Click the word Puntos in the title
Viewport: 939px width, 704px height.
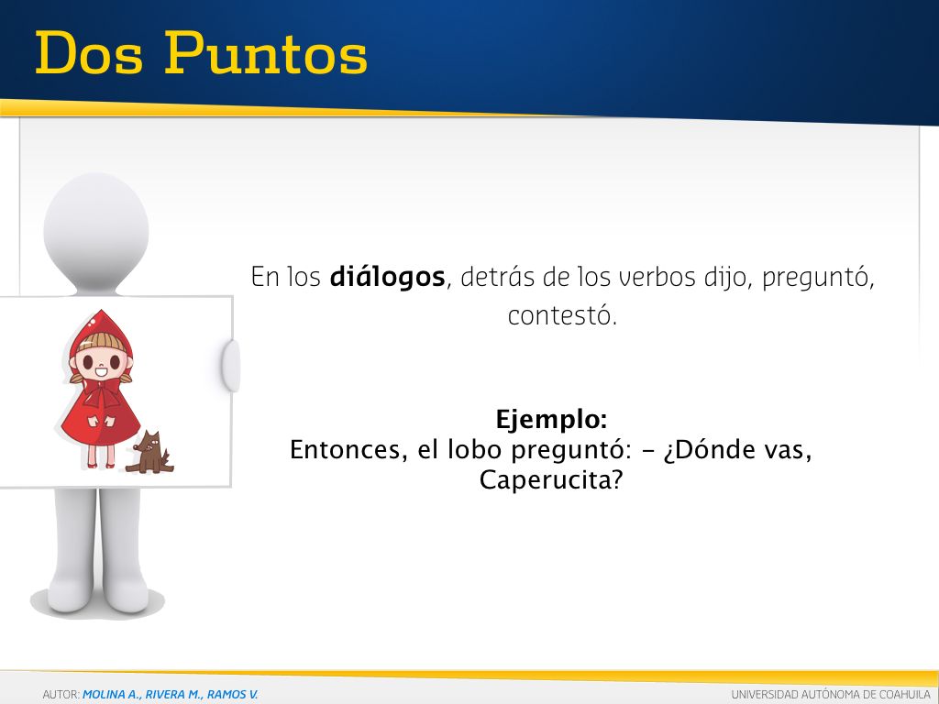[x=266, y=53]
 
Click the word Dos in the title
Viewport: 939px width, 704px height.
[x=89, y=53]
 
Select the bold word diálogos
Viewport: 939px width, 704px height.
[x=388, y=277]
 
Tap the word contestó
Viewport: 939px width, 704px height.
[x=562, y=315]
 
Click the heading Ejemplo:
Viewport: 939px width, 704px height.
[x=551, y=420]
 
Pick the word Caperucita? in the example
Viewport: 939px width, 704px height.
[x=551, y=480]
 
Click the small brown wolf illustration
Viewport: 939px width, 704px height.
[x=149, y=452]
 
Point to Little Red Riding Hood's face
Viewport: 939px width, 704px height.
[x=100, y=363]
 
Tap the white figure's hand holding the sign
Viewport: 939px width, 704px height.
[x=231, y=365]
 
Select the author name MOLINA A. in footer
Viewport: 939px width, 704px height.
[x=110, y=695]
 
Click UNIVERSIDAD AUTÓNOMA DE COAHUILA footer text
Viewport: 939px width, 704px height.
[x=831, y=695]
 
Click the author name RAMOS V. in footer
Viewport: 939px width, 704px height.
[x=232, y=695]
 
